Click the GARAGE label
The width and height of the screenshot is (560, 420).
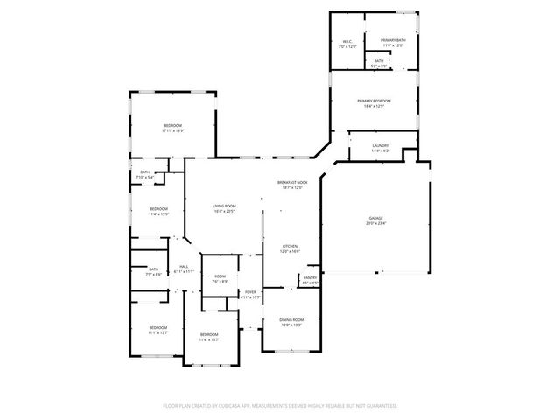click(376, 218)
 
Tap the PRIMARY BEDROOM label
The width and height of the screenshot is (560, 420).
click(374, 101)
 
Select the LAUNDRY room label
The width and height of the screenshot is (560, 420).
click(380, 146)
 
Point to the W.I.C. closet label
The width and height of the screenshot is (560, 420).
click(347, 41)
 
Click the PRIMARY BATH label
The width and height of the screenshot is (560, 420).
click(392, 41)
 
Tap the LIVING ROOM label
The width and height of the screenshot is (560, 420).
click(224, 206)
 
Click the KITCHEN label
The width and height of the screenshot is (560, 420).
click(290, 247)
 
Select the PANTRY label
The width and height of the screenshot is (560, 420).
click(310, 278)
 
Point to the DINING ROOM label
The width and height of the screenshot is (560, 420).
click(290, 320)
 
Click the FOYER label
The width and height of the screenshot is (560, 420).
click(250, 292)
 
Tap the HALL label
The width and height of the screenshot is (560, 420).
click(185, 267)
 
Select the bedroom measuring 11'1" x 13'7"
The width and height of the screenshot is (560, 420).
click(157, 329)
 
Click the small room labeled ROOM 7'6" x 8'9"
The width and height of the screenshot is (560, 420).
click(220, 277)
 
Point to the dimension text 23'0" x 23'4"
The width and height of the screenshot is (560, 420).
click(376, 223)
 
